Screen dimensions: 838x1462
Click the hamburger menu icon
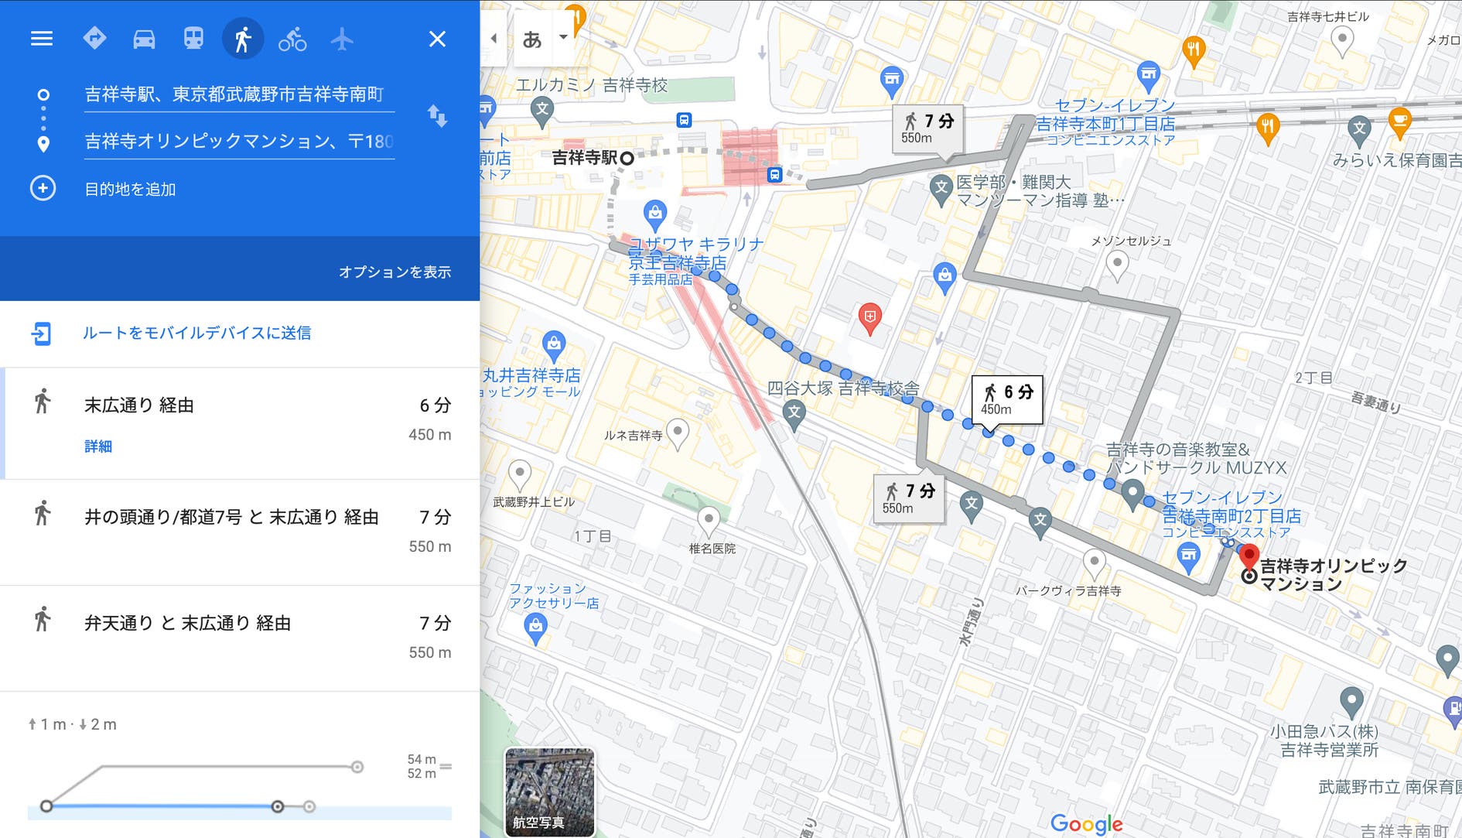click(42, 39)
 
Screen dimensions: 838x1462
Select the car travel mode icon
click(144, 39)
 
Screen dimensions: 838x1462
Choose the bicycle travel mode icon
click(292, 39)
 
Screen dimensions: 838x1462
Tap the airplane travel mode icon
click(342, 39)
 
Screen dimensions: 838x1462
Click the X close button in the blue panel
click(437, 39)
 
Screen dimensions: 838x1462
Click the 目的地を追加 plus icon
click(43, 189)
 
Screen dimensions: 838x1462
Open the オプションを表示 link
click(395, 272)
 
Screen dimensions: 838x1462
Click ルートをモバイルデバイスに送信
click(196, 333)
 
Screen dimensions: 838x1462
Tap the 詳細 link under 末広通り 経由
click(98, 446)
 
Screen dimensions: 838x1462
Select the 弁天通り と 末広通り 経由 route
click(187, 624)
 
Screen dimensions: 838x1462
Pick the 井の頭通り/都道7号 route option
click(231, 518)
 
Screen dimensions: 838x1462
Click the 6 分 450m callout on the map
click(1006, 399)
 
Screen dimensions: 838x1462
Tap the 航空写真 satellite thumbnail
click(549, 791)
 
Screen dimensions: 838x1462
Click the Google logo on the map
click(1086, 824)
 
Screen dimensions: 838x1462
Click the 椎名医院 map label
click(712, 549)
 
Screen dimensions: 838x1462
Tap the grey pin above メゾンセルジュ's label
click(1117, 265)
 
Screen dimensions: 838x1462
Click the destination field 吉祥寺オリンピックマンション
click(238, 142)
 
